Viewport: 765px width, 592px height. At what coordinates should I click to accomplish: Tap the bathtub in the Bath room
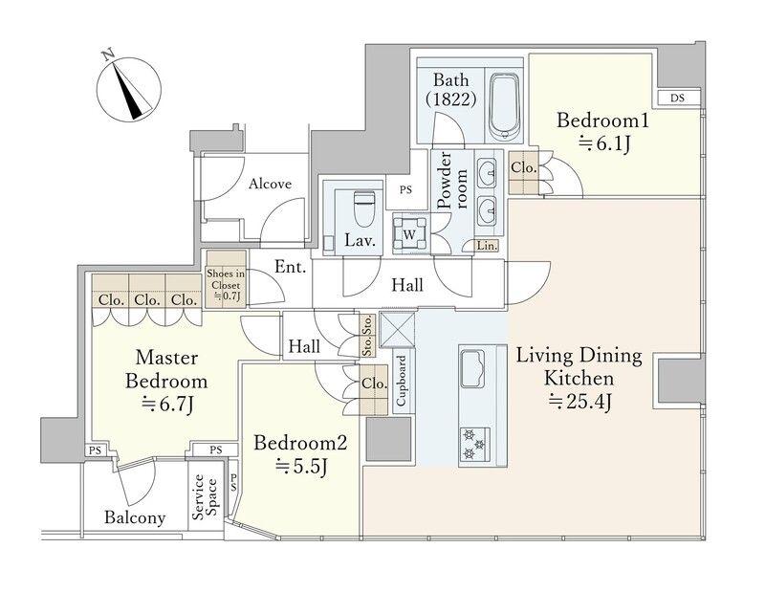click(x=504, y=107)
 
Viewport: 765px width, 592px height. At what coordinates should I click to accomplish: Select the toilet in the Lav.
click(x=362, y=208)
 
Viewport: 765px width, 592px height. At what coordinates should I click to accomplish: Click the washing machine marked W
click(x=410, y=233)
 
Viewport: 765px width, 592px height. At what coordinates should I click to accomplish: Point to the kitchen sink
click(x=472, y=368)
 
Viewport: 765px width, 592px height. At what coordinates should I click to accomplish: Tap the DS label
click(x=677, y=98)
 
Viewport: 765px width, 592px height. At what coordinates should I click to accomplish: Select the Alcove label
click(x=270, y=184)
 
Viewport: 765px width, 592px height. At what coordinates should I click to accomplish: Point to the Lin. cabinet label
click(x=487, y=246)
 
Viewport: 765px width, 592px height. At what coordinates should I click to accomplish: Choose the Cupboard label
click(x=401, y=381)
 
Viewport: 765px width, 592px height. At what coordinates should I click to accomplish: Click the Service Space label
click(x=205, y=496)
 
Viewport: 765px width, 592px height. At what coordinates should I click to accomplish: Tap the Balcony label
click(x=135, y=517)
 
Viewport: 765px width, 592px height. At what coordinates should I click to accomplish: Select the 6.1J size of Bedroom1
click(x=605, y=143)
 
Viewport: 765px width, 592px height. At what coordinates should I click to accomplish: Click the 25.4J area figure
click(x=580, y=402)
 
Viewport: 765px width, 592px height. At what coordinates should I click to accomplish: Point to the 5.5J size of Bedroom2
click(x=301, y=466)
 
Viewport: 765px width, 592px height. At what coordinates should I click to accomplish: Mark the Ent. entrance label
click(x=291, y=267)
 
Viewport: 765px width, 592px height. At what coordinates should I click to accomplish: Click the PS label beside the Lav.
click(x=405, y=190)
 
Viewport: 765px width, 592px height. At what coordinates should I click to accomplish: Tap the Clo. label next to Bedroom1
click(x=523, y=168)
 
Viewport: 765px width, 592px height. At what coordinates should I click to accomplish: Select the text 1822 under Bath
click(x=450, y=99)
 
